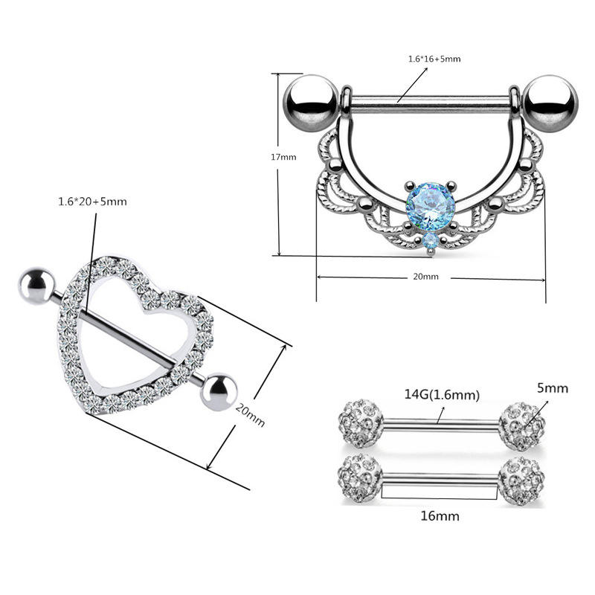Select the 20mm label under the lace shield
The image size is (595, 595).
point(427,277)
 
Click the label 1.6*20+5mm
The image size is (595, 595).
point(93,202)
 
